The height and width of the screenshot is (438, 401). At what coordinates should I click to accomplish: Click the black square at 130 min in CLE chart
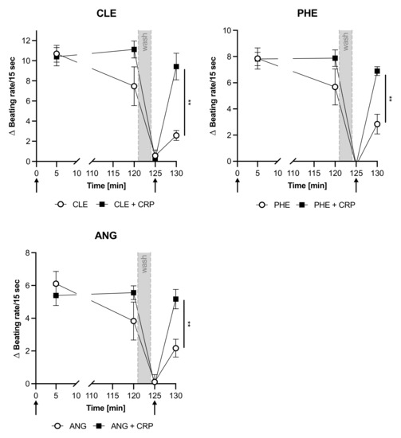175,66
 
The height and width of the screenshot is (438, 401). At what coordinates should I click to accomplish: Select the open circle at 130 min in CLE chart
175,135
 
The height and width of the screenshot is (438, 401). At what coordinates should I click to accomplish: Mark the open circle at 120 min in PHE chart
336,87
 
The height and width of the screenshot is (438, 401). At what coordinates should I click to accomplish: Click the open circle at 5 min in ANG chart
56,284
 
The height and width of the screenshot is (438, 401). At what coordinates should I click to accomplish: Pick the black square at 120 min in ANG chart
134,292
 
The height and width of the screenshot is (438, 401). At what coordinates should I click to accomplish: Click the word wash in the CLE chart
144,41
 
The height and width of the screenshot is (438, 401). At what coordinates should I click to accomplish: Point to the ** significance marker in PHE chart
391,100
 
